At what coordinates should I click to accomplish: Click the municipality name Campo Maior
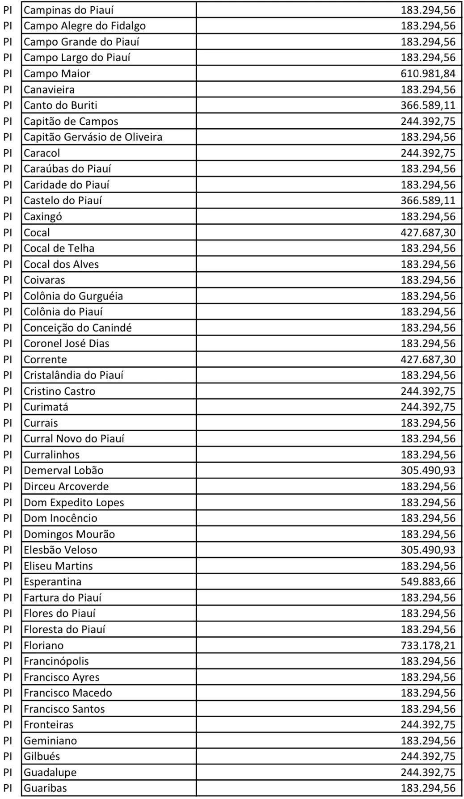[x=57, y=74]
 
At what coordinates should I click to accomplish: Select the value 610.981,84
[x=428, y=74]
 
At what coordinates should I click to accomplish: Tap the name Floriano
[x=43, y=645]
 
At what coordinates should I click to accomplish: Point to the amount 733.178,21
[x=428, y=645]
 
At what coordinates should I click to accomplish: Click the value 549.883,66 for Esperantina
[x=428, y=582]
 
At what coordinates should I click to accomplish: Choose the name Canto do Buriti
[x=60, y=105]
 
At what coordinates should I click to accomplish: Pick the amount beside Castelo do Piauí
[x=428, y=201]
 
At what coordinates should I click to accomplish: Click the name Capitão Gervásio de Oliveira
[x=93, y=137]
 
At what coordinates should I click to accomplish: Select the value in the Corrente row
[x=428, y=360]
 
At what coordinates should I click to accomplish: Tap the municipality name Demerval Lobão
[x=63, y=471]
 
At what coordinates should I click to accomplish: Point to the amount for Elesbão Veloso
[x=428, y=550]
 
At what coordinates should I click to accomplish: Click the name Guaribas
[x=45, y=788]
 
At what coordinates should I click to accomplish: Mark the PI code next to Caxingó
[x=8, y=217]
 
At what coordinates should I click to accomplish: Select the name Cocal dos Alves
[x=61, y=265]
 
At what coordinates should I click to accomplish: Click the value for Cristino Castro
[x=428, y=391]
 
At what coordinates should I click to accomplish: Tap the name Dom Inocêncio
[x=60, y=518]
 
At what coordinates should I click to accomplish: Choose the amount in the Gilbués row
[x=428, y=757]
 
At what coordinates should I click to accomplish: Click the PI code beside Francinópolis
[x=8, y=661]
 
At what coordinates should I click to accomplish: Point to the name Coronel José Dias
[x=66, y=344]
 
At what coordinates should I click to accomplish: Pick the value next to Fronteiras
[x=428, y=725]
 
